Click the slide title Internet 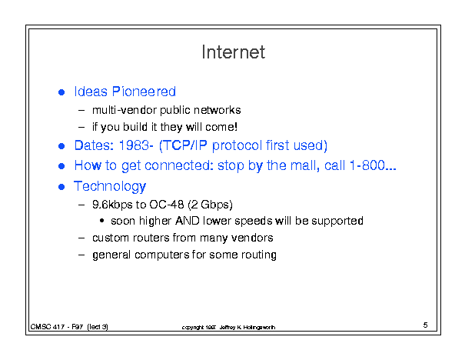click(234, 52)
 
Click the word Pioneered click(144, 92)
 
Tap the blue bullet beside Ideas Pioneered click(61, 92)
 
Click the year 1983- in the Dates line click(136, 145)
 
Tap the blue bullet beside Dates click(61, 146)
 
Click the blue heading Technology click(110, 187)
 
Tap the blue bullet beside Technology click(61, 187)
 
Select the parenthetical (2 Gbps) click(211, 205)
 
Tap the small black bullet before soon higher click(102, 221)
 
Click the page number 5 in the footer click(425, 325)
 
